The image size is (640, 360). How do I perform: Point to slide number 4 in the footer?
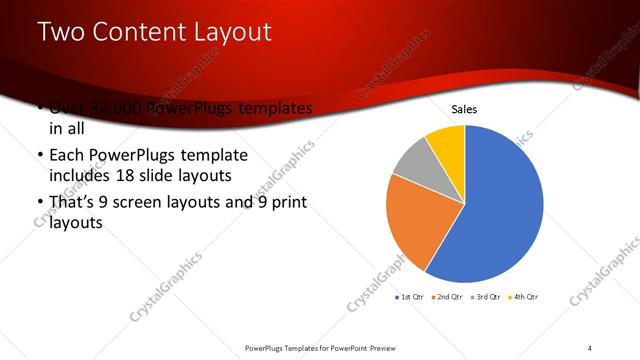click(590, 347)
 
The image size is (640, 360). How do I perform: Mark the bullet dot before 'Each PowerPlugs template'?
click(39, 157)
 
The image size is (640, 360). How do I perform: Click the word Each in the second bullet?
click(66, 157)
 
